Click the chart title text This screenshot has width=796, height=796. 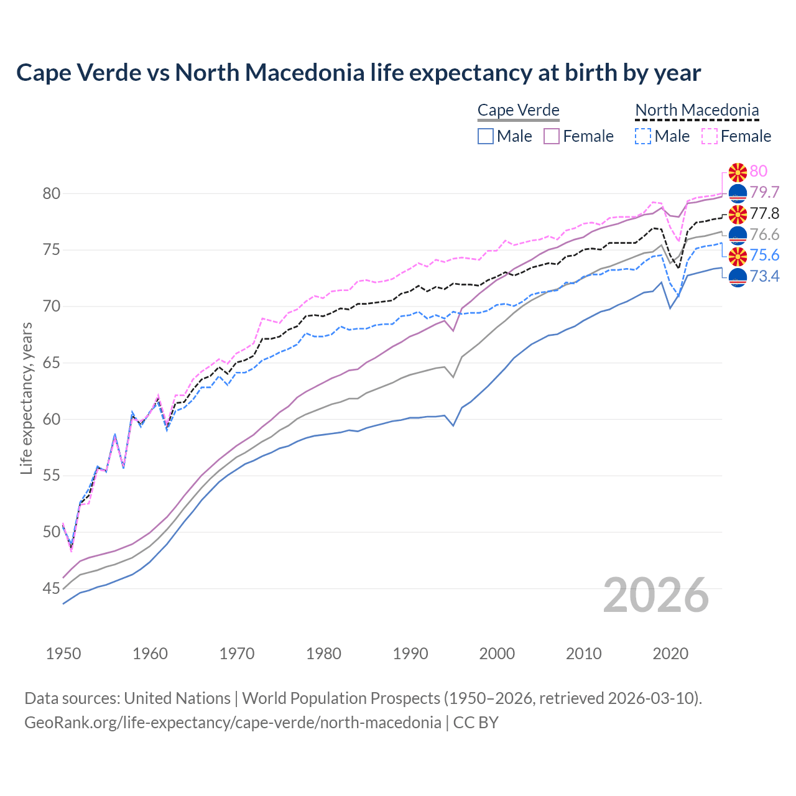pyautogui.click(x=358, y=73)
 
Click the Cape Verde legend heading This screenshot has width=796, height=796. pyautogui.click(x=518, y=110)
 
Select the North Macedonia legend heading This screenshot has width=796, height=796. pyautogui.click(x=696, y=110)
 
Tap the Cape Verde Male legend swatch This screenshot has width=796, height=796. pyautogui.click(x=486, y=136)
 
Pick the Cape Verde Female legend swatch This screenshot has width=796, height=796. pyautogui.click(x=552, y=136)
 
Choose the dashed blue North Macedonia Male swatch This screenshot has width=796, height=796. pyautogui.click(x=643, y=136)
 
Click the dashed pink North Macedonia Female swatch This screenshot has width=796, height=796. pyautogui.click(x=710, y=136)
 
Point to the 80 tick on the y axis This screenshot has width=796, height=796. pyautogui.click(x=52, y=193)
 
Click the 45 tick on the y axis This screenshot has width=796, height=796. pyautogui.click(x=52, y=588)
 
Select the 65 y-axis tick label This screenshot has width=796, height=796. pyautogui.click(x=52, y=363)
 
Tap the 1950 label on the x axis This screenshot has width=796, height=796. pyautogui.click(x=63, y=654)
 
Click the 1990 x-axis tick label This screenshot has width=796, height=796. pyautogui.click(x=410, y=654)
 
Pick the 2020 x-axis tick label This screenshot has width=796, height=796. pyautogui.click(x=670, y=654)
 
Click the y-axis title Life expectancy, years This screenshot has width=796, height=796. pyautogui.click(x=27, y=398)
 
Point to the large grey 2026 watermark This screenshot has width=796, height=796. pyautogui.click(x=655, y=595)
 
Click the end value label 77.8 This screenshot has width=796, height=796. pyautogui.click(x=764, y=214)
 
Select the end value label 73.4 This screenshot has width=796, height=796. pyautogui.click(x=764, y=277)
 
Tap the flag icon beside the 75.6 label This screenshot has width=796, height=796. pyautogui.click(x=738, y=256)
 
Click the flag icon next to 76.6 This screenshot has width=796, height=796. pyautogui.click(x=738, y=235)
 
